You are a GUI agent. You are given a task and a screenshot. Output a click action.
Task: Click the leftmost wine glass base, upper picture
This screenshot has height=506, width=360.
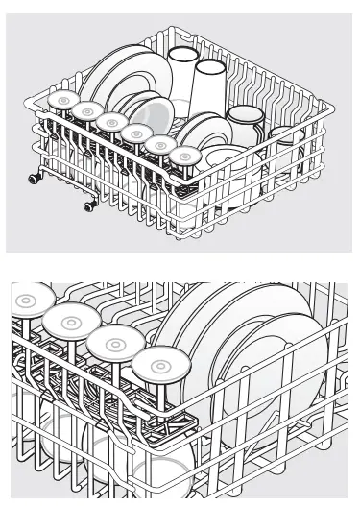tap(63, 101)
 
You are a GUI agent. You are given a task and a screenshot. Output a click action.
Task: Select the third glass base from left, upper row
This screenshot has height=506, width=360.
tap(112, 123)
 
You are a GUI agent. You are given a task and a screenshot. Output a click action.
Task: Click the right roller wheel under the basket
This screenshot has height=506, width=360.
tap(88, 205)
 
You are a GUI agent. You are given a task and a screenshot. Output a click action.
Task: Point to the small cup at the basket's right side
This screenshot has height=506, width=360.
tap(281, 140)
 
